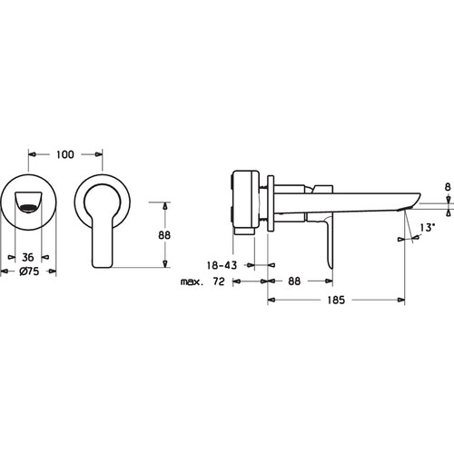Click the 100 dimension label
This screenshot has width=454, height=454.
click(x=65, y=154)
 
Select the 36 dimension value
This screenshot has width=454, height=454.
click(x=28, y=258)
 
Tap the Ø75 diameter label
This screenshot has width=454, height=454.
click(x=29, y=271)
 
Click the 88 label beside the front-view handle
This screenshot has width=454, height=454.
click(x=164, y=235)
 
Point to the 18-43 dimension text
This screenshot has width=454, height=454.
click(x=222, y=265)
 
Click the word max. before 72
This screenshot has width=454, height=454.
click(x=192, y=282)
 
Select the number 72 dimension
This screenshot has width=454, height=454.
click(x=219, y=281)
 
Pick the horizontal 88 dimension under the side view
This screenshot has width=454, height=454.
click(x=294, y=281)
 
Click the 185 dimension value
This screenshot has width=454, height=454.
click(x=336, y=300)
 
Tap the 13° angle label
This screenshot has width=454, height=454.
click(x=428, y=227)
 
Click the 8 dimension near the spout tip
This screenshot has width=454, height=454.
click(x=448, y=187)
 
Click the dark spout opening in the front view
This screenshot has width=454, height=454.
click(x=28, y=208)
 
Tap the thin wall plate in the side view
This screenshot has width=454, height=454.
click(x=271, y=202)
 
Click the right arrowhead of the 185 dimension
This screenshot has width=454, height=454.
click(x=401, y=300)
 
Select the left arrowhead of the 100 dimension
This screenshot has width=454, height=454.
click(x=32, y=154)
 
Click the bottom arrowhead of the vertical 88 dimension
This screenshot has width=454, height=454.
click(x=165, y=263)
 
